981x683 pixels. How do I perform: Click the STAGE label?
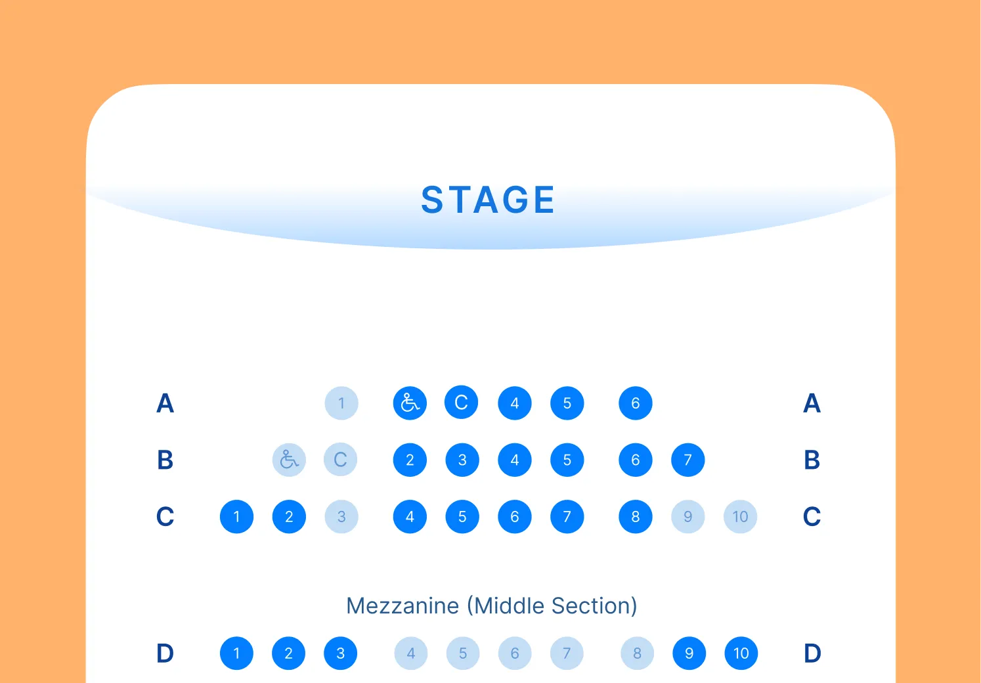point(488,200)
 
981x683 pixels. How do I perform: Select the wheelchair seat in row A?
point(410,403)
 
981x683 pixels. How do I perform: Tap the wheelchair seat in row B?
point(289,460)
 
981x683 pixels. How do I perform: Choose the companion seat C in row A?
point(462,403)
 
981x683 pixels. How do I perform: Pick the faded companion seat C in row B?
point(341,460)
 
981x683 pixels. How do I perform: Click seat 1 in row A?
point(341,403)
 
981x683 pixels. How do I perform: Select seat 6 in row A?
point(636,403)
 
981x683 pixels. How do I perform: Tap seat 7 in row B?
point(688,460)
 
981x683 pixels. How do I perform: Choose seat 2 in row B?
point(410,460)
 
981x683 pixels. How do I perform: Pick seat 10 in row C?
point(741,517)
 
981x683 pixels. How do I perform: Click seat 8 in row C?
point(636,517)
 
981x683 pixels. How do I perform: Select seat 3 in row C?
point(341,517)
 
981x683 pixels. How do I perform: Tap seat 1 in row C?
point(236,517)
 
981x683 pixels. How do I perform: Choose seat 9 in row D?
point(689,653)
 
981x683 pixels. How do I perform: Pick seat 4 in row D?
point(411,653)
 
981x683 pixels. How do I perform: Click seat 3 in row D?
point(341,653)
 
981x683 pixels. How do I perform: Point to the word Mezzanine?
point(403,606)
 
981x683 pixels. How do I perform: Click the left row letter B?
point(165,460)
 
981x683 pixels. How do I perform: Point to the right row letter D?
point(812,653)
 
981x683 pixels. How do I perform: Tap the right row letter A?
point(812,403)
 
